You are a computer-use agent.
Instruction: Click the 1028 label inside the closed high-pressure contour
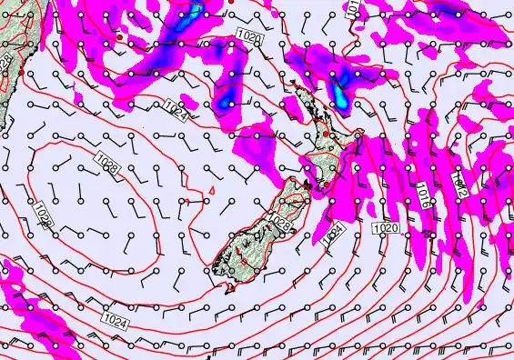[107, 166]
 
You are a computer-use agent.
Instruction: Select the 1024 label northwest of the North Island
[177, 115]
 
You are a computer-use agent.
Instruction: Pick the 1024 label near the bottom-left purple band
[116, 320]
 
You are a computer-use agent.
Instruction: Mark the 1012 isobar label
[460, 191]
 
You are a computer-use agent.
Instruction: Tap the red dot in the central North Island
[325, 134]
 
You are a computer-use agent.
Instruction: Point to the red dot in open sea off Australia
[119, 37]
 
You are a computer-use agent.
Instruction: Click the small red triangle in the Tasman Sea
[212, 189]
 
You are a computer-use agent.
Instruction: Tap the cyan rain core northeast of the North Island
[340, 93]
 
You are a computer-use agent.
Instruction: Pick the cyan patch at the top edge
[195, 11]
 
